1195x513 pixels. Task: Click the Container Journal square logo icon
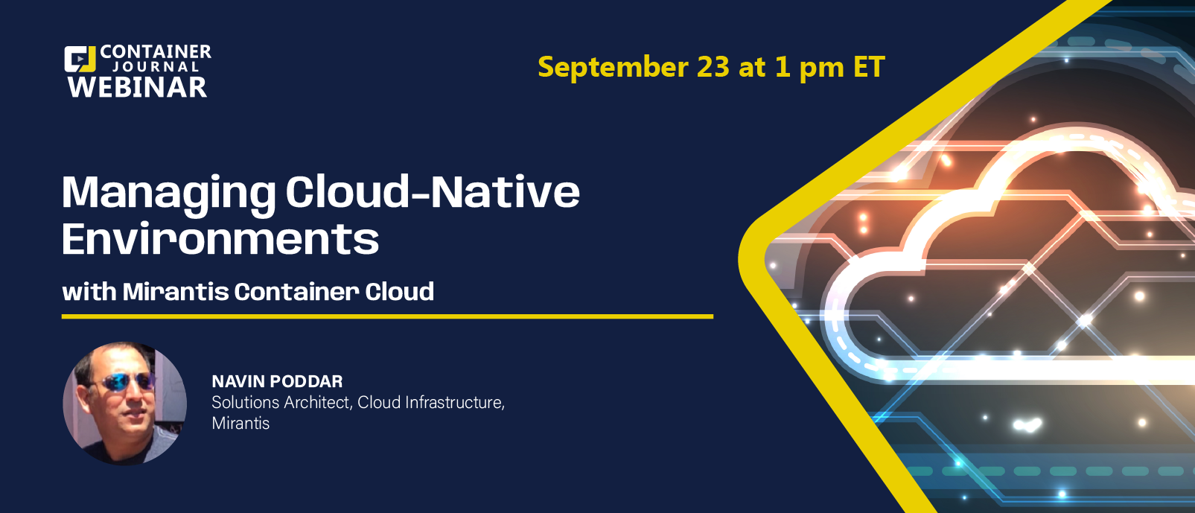click(x=80, y=59)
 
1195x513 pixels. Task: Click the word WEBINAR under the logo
click(x=137, y=87)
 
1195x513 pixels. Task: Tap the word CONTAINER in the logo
click(x=156, y=51)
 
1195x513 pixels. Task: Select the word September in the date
click(x=613, y=68)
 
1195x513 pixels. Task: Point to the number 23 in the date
click(x=713, y=67)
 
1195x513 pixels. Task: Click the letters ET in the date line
click(x=869, y=67)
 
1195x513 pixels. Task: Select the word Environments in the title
click(x=220, y=238)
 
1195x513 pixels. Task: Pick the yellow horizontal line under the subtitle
click(x=387, y=316)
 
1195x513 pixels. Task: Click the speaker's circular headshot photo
click(x=125, y=403)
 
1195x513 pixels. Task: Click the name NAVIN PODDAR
click(x=277, y=381)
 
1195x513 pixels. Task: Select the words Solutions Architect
click(x=281, y=402)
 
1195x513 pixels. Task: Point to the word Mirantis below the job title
click(x=240, y=423)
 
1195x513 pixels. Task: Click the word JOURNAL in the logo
click(x=156, y=67)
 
